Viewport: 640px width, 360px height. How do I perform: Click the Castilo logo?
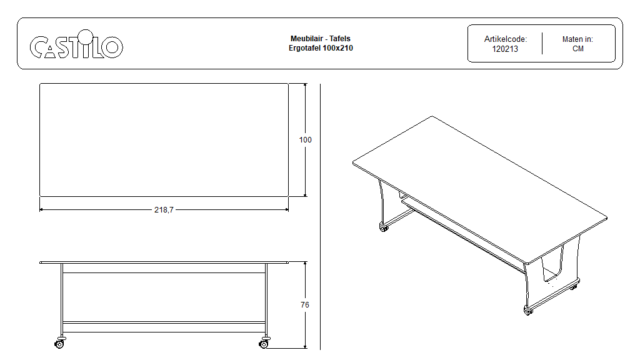point(76,44)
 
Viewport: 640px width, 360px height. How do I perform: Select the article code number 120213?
point(505,49)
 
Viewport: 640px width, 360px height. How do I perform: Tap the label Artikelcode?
point(505,39)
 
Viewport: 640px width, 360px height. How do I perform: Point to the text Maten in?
point(577,39)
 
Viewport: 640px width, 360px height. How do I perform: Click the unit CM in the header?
point(578,49)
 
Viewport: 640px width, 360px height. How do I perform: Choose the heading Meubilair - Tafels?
point(321,38)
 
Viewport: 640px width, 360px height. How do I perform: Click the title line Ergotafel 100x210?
point(321,47)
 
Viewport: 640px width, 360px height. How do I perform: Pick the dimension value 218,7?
point(164,210)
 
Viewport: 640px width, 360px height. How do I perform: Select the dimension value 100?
point(305,139)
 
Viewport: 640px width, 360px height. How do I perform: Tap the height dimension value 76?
point(305,304)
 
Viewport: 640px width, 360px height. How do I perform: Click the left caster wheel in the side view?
point(59,343)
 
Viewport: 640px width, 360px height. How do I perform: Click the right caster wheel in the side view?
point(264,343)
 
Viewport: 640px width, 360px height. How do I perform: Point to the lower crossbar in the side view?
point(164,323)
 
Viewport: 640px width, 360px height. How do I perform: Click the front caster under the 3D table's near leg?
point(527,311)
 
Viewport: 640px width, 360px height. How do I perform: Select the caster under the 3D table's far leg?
point(383,227)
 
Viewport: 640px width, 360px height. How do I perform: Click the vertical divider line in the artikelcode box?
point(542,43)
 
